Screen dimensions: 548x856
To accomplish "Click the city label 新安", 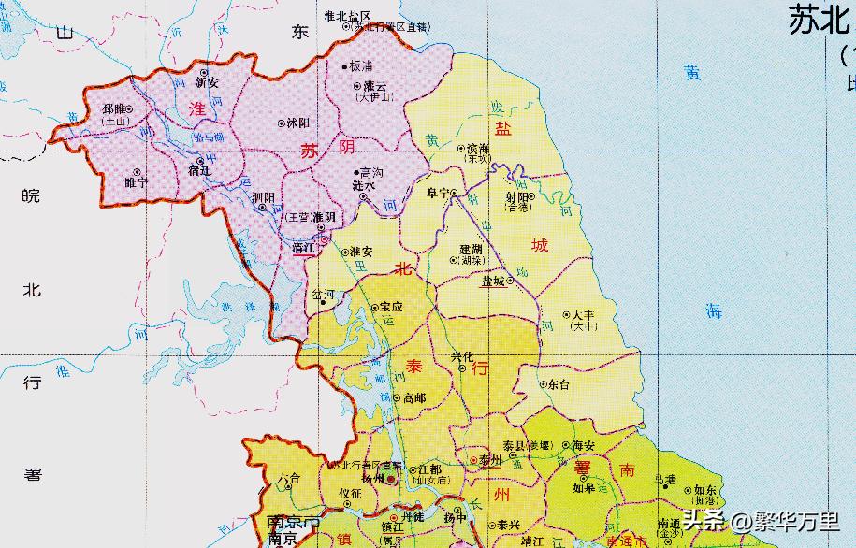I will pyautogui.click(x=207, y=82).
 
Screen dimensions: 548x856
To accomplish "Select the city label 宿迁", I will pyautogui.click(x=200, y=171).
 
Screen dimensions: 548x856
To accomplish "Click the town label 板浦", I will pyautogui.click(x=360, y=66).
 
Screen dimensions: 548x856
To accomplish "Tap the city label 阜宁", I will pyautogui.click(x=437, y=193).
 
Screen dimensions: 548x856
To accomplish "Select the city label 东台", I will pyautogui.click(x=559, y=383).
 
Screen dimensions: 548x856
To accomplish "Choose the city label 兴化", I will pyautogui.click(x=462, y=356).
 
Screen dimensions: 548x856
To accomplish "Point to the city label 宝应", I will pyautogui.click(x=391, y=307).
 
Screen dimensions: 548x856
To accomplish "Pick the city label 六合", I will pyautogui.click(x=288, y=478).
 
